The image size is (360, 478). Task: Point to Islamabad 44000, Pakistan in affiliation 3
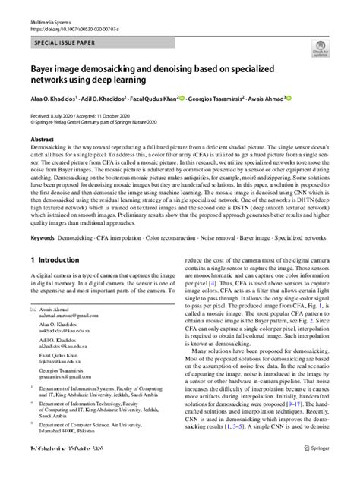click(72, 454)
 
